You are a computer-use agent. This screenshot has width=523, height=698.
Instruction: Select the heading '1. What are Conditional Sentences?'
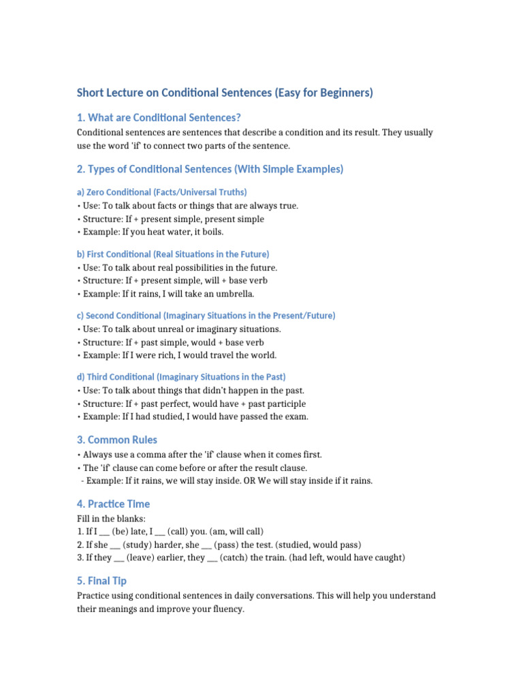159,117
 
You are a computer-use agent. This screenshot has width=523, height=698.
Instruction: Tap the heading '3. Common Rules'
117,440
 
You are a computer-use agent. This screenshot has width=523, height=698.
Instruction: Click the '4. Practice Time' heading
113,504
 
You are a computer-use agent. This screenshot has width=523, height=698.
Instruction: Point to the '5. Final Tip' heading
101,581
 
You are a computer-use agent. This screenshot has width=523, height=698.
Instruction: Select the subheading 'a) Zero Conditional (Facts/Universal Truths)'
162,192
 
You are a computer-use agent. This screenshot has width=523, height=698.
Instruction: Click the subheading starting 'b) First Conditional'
173,254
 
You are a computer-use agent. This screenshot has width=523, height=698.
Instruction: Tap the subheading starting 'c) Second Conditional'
206,316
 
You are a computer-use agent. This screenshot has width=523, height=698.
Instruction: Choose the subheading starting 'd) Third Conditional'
181,377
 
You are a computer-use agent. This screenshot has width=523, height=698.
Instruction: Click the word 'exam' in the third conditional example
296,416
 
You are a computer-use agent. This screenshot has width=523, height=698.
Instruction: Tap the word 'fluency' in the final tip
225,609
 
